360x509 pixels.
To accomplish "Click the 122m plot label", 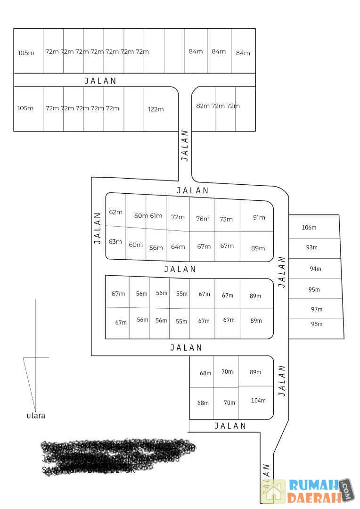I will point(156,109).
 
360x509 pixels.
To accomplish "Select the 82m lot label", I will point(203,106).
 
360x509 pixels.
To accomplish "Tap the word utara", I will point(36,416).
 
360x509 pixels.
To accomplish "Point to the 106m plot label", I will point(309,228).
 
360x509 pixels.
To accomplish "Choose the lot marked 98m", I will point(317,324).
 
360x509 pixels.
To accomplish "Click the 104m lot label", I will point(258,401).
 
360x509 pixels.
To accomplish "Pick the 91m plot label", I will point(259,218).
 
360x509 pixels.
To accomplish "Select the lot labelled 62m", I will point(115,212).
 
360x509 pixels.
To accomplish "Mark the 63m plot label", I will point(115,242).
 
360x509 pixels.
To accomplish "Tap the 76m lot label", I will point(203,219).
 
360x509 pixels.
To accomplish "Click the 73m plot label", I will point(226,219).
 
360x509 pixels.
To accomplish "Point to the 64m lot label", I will point(178,246).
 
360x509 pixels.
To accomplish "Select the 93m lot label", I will point(312,247).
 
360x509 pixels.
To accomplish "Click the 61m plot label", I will point(156,216).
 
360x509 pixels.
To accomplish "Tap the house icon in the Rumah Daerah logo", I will point(274,491).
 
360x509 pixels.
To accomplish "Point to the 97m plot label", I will point(317,309).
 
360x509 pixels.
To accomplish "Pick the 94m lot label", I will point(315,269).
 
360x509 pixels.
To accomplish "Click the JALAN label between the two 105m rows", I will point(100,81).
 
